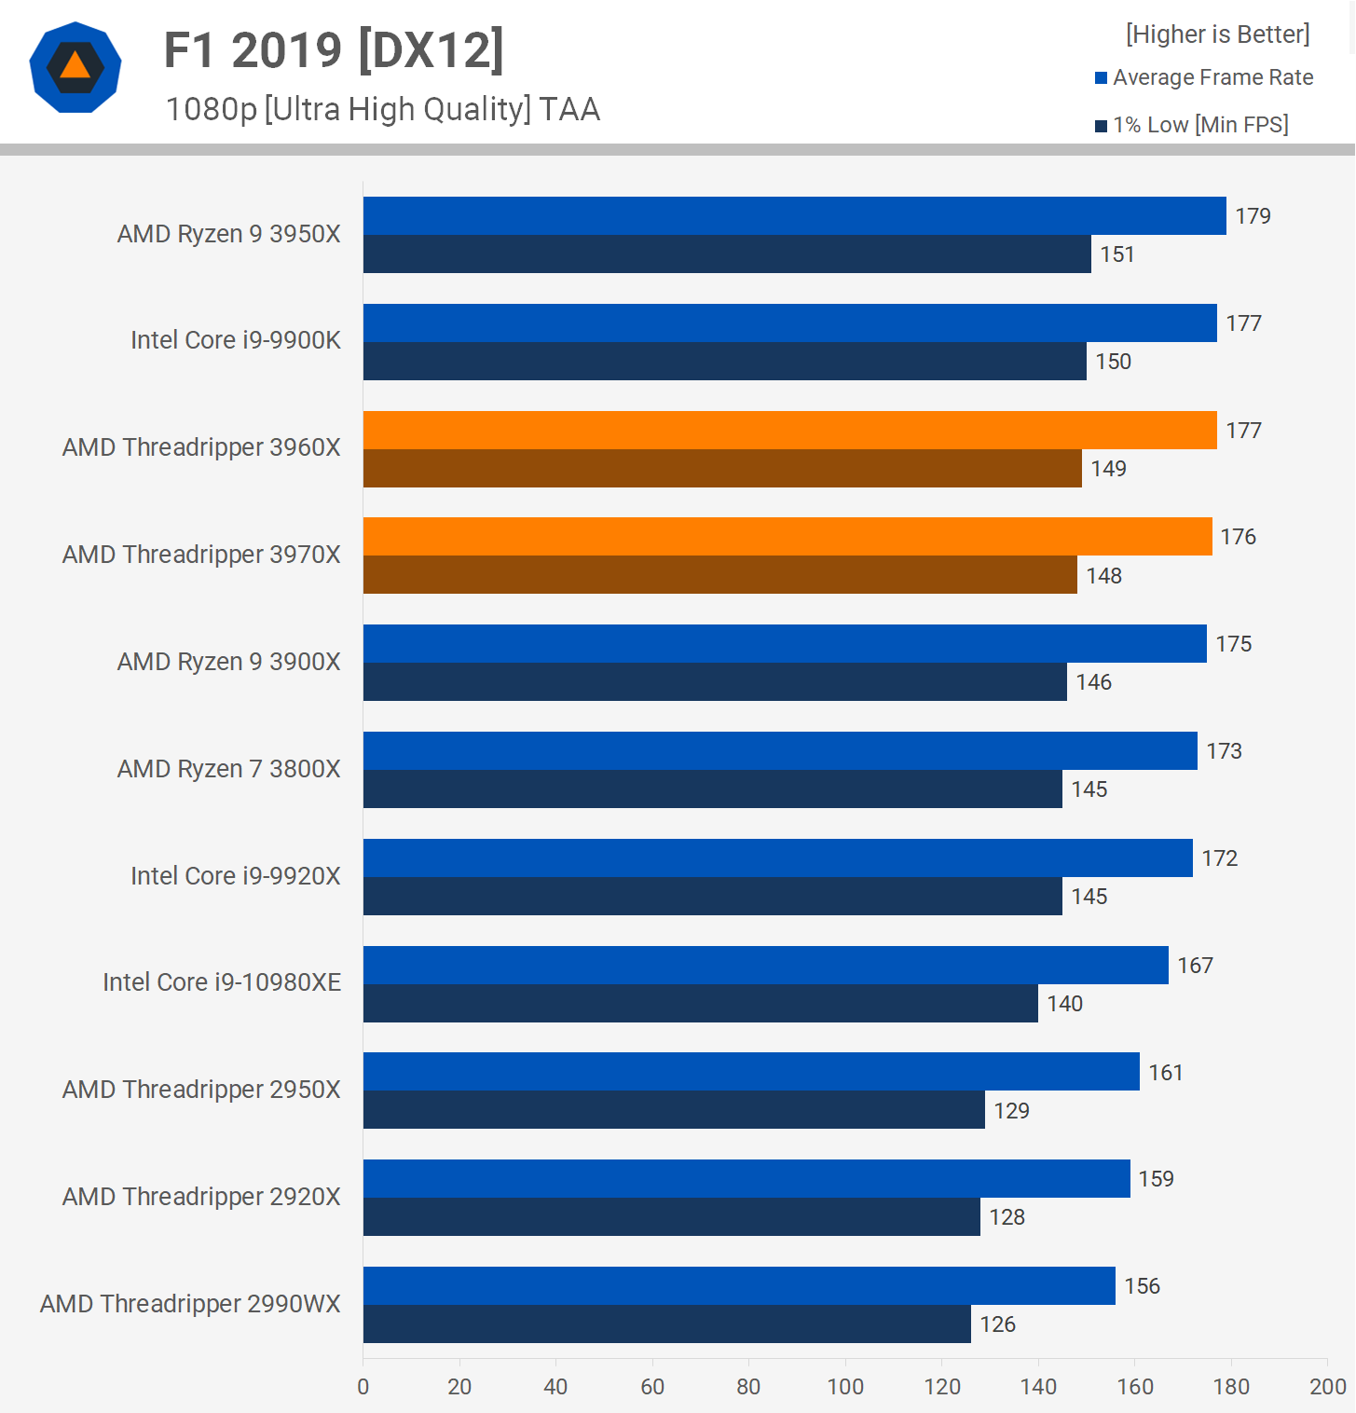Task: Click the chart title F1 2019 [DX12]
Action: [334, 50]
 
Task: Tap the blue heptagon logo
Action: [75, 67]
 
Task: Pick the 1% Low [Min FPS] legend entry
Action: [1192, 125]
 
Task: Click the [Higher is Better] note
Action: [1217, 34]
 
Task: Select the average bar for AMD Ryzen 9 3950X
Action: [794, 215]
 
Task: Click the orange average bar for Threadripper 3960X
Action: [789, 430]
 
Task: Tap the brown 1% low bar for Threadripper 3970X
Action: [719, 575]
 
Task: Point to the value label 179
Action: [1253, 216]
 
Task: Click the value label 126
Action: [997, 1324]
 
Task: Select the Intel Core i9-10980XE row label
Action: [222, 982]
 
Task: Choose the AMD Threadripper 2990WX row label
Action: [190, 1304]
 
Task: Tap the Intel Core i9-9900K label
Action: [236, 340]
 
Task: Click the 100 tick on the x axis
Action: [845, 1387]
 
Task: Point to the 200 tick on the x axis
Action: [1327, 1387]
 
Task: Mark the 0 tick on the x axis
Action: [363, 1387]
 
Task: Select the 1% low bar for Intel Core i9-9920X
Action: [712, 897]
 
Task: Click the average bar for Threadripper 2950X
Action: [751, 1072]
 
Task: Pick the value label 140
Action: [1064, 1004]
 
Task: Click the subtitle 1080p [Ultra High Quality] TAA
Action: [382, 110]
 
